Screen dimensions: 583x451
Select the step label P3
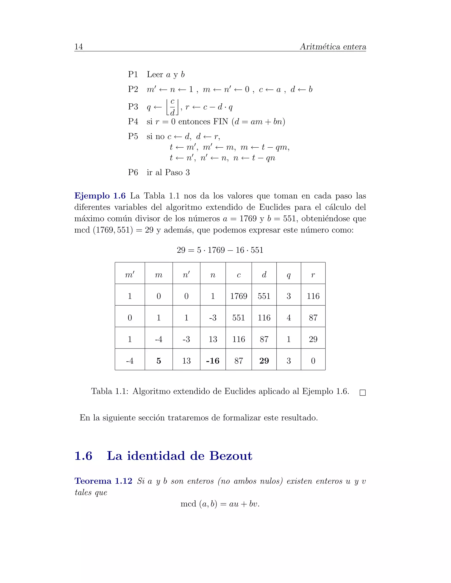tap(133, 106)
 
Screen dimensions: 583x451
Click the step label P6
tap(133, 172)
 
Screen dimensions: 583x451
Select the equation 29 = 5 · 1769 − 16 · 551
tap(220, 250)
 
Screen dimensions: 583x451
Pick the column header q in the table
tap(288, 275)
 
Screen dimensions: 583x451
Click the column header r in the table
tap(313, 275)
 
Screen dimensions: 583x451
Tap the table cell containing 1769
tap(238, 296)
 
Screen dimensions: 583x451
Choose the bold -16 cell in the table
tap(213, 361)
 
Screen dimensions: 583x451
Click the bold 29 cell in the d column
tap(264, 361)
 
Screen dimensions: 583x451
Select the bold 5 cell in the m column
tap(159, 361)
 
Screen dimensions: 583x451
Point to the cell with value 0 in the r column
tap(313, 361)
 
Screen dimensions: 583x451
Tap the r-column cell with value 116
tap(313, 296)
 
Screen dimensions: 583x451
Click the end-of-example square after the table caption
tap(362, 393)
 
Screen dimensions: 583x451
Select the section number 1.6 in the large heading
tap(83, 456)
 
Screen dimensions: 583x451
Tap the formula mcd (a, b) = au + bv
tap(220, 504)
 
